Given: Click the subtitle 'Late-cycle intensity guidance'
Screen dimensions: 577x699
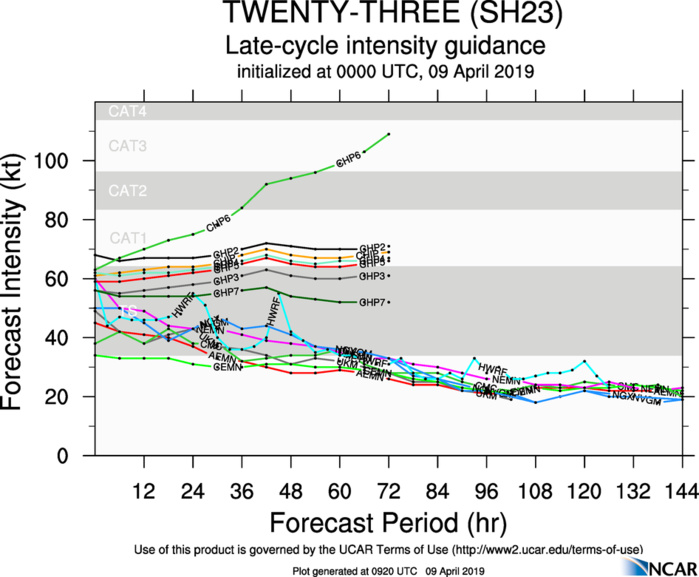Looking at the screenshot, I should click(385, 45).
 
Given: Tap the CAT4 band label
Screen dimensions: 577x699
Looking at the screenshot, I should click(127, 111).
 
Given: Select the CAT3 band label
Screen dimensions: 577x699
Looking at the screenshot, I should click(127, 146).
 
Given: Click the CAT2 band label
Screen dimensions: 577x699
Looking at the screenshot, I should click(127, 190).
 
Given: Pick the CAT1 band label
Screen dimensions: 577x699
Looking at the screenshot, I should click(127, 238).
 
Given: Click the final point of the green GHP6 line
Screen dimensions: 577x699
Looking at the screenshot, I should click(389, 134).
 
